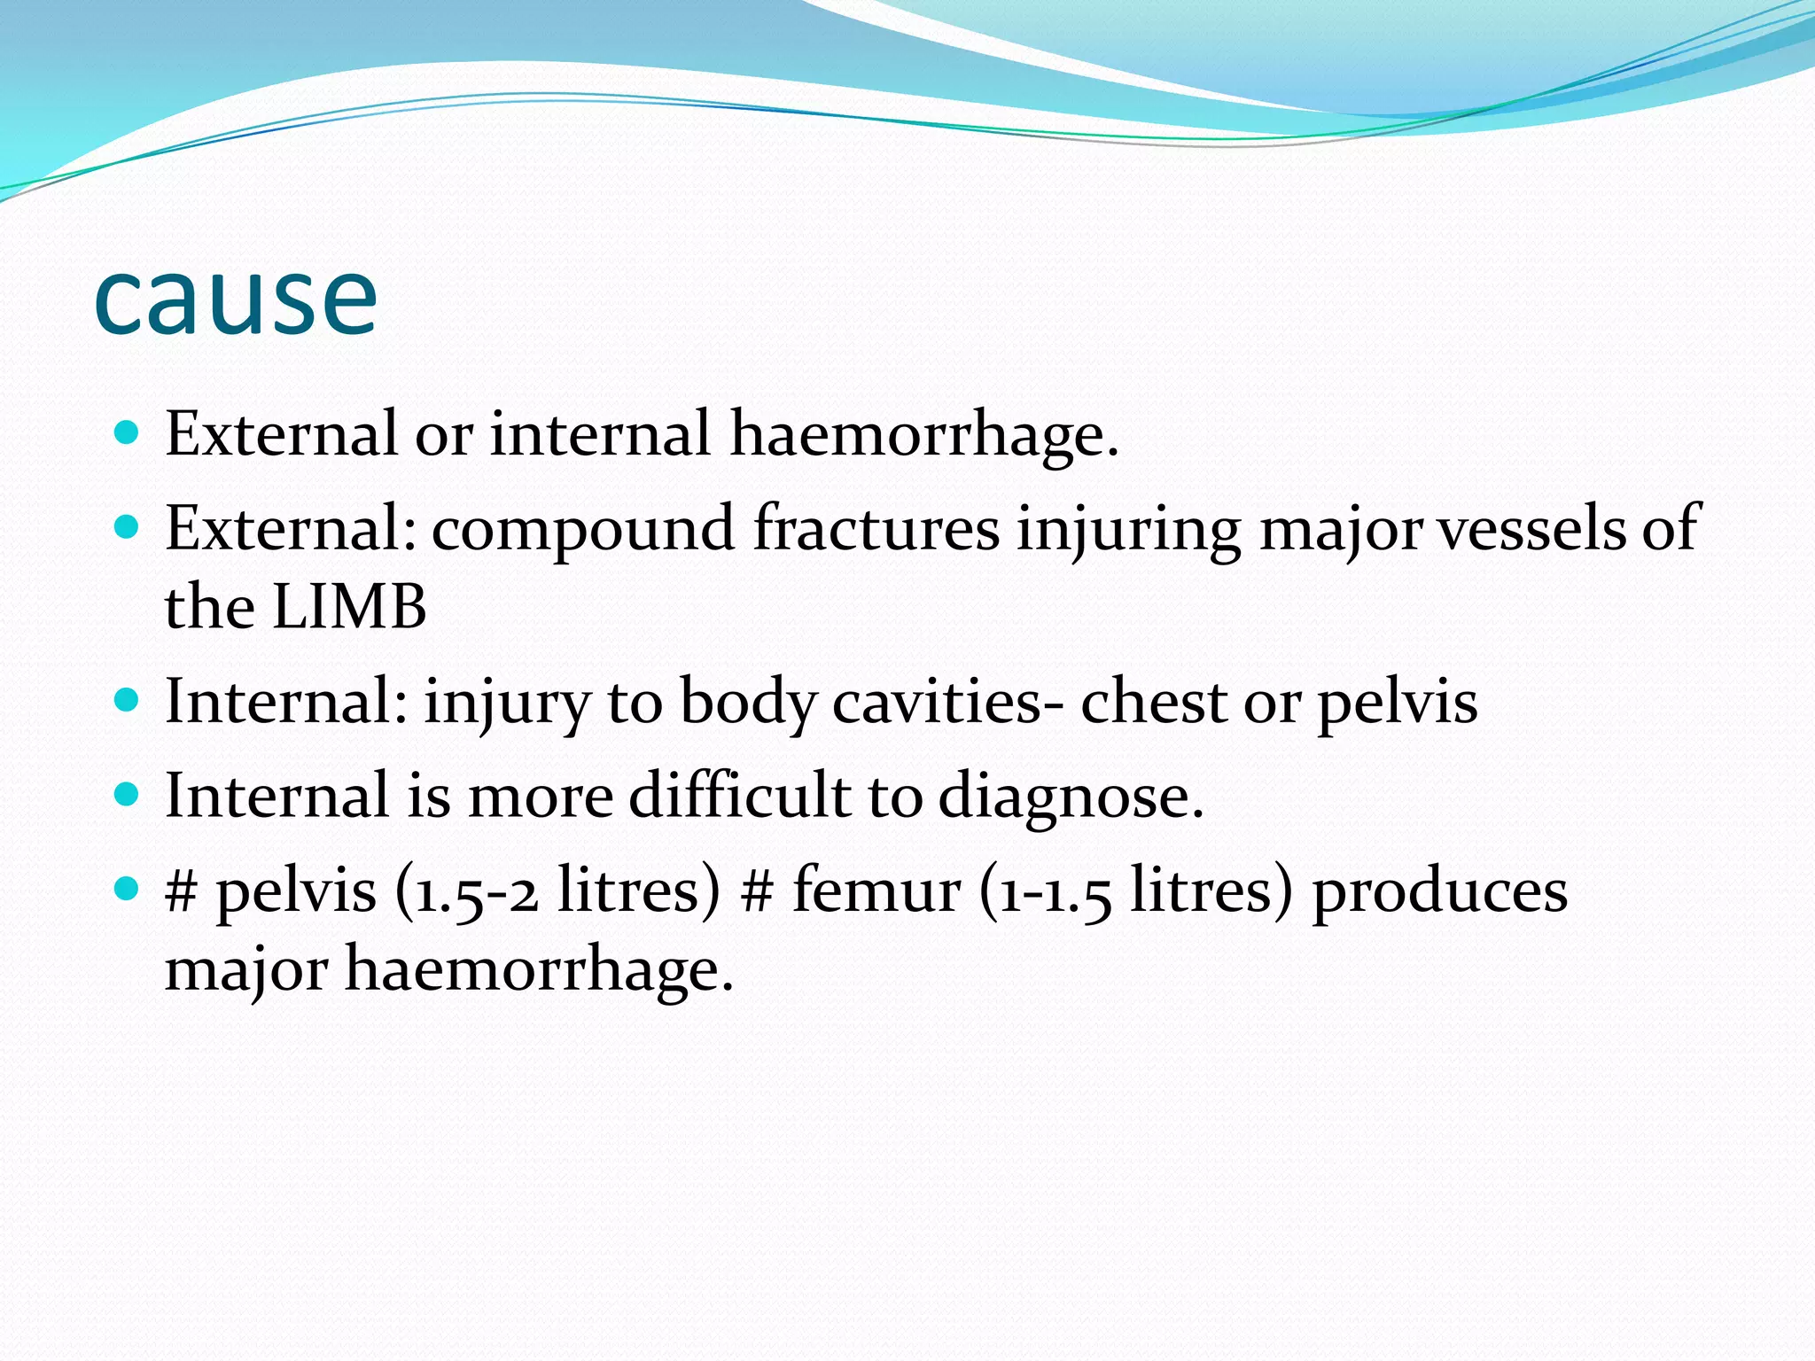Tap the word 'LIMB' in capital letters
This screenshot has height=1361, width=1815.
349,607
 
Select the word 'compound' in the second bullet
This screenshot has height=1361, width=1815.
582,529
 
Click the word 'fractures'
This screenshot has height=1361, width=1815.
876,529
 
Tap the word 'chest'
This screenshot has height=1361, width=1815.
1153,702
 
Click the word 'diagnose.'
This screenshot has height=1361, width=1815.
1071,797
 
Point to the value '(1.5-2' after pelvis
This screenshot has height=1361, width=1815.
466,890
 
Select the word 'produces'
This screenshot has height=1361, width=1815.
1439,890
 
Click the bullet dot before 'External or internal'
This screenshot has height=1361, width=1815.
128,433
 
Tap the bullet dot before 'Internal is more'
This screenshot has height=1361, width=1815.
128,794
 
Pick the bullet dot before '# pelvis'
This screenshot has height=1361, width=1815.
128,888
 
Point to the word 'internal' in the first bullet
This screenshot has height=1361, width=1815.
600,434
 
